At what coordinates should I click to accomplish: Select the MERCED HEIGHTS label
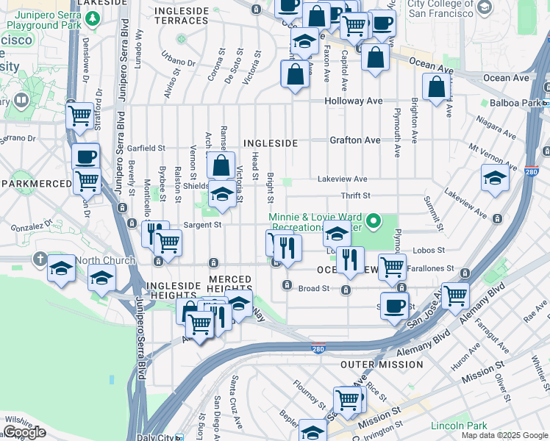(230, 279)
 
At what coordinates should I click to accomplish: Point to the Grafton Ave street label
(355, 140)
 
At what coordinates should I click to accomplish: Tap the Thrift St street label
(355, 196)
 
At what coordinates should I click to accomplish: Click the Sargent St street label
(203, 225)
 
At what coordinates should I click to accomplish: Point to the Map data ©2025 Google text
(504, 435)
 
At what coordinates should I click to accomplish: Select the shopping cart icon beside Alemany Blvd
(455, 295)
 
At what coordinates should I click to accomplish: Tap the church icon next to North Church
(41, 260)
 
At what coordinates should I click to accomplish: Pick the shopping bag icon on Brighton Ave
(437, 87)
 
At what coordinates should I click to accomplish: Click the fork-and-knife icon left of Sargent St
(154, 233)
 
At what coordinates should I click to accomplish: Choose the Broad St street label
(314, 289)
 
